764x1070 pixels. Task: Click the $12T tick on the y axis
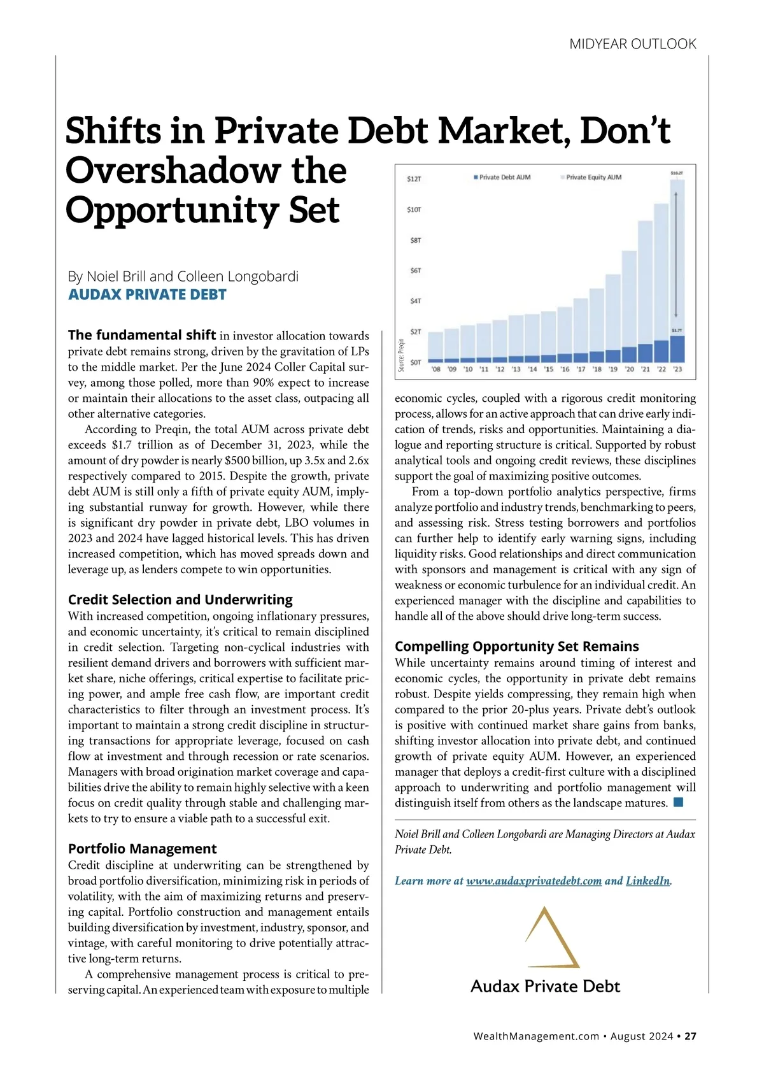(414, 179)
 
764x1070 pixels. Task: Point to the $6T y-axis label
(415, 271)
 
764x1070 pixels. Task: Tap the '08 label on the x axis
(435, 369)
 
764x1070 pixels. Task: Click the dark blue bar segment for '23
(677, 349)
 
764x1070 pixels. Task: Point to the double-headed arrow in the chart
(676, 255)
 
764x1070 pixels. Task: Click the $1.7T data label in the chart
(677, 331)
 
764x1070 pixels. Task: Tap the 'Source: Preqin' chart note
(401, 354)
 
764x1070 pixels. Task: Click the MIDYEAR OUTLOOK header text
(632, 44)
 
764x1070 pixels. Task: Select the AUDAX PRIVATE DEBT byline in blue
(147, 295)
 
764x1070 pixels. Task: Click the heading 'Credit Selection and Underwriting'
(180, 599)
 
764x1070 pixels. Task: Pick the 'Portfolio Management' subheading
(142, 848)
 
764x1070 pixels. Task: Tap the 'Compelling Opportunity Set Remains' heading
(516, 646)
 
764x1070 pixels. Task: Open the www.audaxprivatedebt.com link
(534, 881)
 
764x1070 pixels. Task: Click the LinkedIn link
(647, 881)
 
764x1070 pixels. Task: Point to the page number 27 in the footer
(691, 1036)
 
